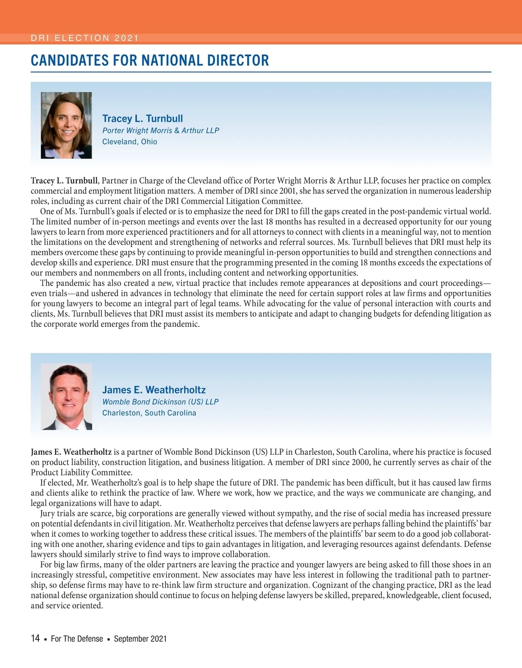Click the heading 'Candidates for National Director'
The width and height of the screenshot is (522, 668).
tap(150, 60)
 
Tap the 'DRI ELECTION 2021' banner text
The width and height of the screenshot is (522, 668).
tap(84, 38)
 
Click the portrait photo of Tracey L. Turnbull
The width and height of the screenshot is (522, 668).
tap(66, 125)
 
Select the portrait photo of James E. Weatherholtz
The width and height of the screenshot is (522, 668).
tap(66, 396)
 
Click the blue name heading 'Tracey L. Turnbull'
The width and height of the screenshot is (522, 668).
tap(142, 118)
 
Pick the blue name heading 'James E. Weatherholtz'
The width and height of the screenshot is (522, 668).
tap(154, 390)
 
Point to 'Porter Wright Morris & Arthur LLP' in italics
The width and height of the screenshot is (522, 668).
tap(161, 130)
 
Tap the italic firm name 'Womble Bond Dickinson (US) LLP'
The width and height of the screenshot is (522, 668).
tap(160, 402)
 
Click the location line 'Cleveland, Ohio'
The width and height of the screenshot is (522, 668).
tap(130, 141)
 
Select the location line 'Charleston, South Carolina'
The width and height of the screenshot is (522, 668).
tap(149, 413)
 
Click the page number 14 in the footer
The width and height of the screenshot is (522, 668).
tap(35, 638)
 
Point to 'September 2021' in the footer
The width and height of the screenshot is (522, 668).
tap(140, 639)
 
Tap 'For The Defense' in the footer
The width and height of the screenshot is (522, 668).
tap(77, 639)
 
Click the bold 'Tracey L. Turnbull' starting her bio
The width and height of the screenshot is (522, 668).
tap(64, 181)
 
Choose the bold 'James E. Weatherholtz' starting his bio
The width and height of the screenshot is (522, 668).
tap(71, 452)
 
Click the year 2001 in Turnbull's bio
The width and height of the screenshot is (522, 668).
tap(269, 191)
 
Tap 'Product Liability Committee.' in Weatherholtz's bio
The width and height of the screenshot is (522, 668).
tap(81, 473)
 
